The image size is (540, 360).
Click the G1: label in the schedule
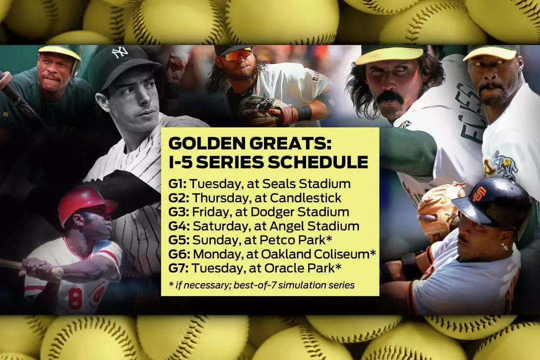point(177,183)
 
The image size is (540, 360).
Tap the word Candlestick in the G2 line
point(305,197)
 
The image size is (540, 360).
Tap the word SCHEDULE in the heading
point(318,162)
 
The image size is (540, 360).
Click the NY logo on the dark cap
point(119,52)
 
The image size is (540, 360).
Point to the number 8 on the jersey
point(75,298)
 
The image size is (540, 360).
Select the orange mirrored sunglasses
point(237,55)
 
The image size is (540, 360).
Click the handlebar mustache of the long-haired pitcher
point(389,98)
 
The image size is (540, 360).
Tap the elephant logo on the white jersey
point(504,164)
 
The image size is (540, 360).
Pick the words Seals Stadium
point(306,183)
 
